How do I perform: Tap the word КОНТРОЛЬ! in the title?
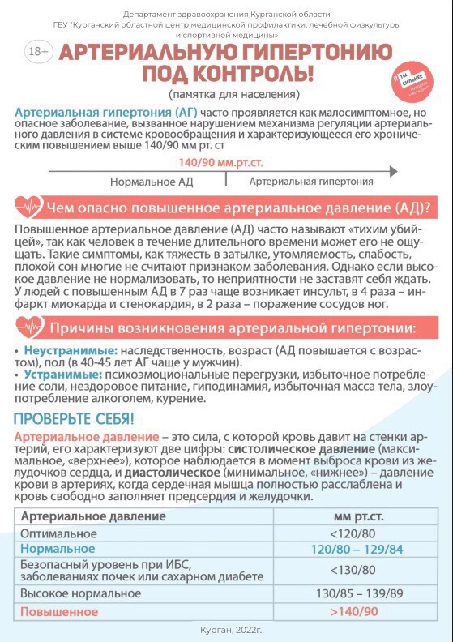point(254,75)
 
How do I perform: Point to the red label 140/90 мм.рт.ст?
point(216,162)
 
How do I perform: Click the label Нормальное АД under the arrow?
point(152,182)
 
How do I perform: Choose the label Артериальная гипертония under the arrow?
point(311,182)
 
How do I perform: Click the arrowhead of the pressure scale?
point(393,171)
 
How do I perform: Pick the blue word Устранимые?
point(55,376)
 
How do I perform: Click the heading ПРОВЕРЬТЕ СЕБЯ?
point(74,420)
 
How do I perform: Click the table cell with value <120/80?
point(353,533)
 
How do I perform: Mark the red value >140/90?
point(353,610)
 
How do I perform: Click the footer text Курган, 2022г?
point(231,630)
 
